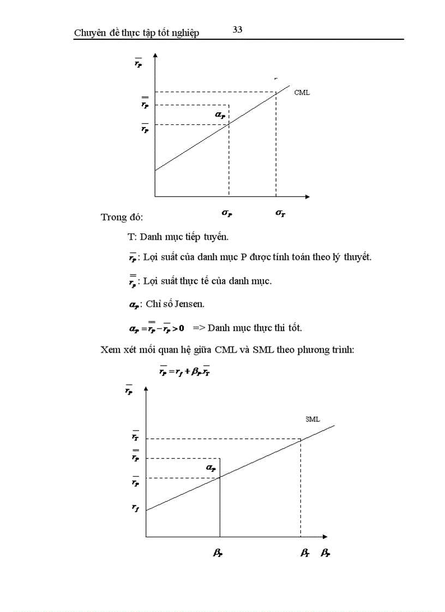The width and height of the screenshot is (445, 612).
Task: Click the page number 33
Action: point(237,30)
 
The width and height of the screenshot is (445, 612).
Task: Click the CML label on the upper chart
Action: point(302,93)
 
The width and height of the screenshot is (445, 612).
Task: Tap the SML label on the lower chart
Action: point(312,419)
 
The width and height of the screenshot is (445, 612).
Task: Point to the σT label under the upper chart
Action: point(280,214)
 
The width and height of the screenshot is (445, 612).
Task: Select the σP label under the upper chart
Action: point(227,214)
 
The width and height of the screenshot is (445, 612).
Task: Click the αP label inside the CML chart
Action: point(220,115)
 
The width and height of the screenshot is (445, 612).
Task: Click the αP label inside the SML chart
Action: point(211,468)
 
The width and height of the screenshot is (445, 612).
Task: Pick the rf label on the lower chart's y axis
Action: point(135,507)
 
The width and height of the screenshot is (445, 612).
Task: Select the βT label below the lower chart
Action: point(304,553)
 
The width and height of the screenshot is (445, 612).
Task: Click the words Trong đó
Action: point(122,217)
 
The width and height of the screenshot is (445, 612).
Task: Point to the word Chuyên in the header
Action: point(91,33)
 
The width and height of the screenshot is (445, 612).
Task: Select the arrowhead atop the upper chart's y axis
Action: point(155,56)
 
